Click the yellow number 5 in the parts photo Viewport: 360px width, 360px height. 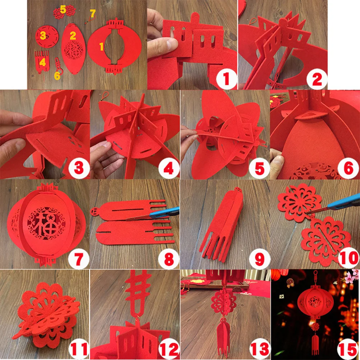[63, 10]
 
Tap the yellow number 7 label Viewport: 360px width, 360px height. [93, 14]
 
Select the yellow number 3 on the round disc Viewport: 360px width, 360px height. [43, 36]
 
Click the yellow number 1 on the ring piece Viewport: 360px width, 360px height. [101, 46]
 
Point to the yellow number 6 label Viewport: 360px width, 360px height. [57, 76]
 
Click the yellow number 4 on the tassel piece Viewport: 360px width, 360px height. [43, 63]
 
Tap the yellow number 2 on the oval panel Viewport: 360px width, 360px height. [73, 36]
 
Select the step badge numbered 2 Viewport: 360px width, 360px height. [317, 79]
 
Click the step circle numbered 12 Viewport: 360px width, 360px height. [169, 349]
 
